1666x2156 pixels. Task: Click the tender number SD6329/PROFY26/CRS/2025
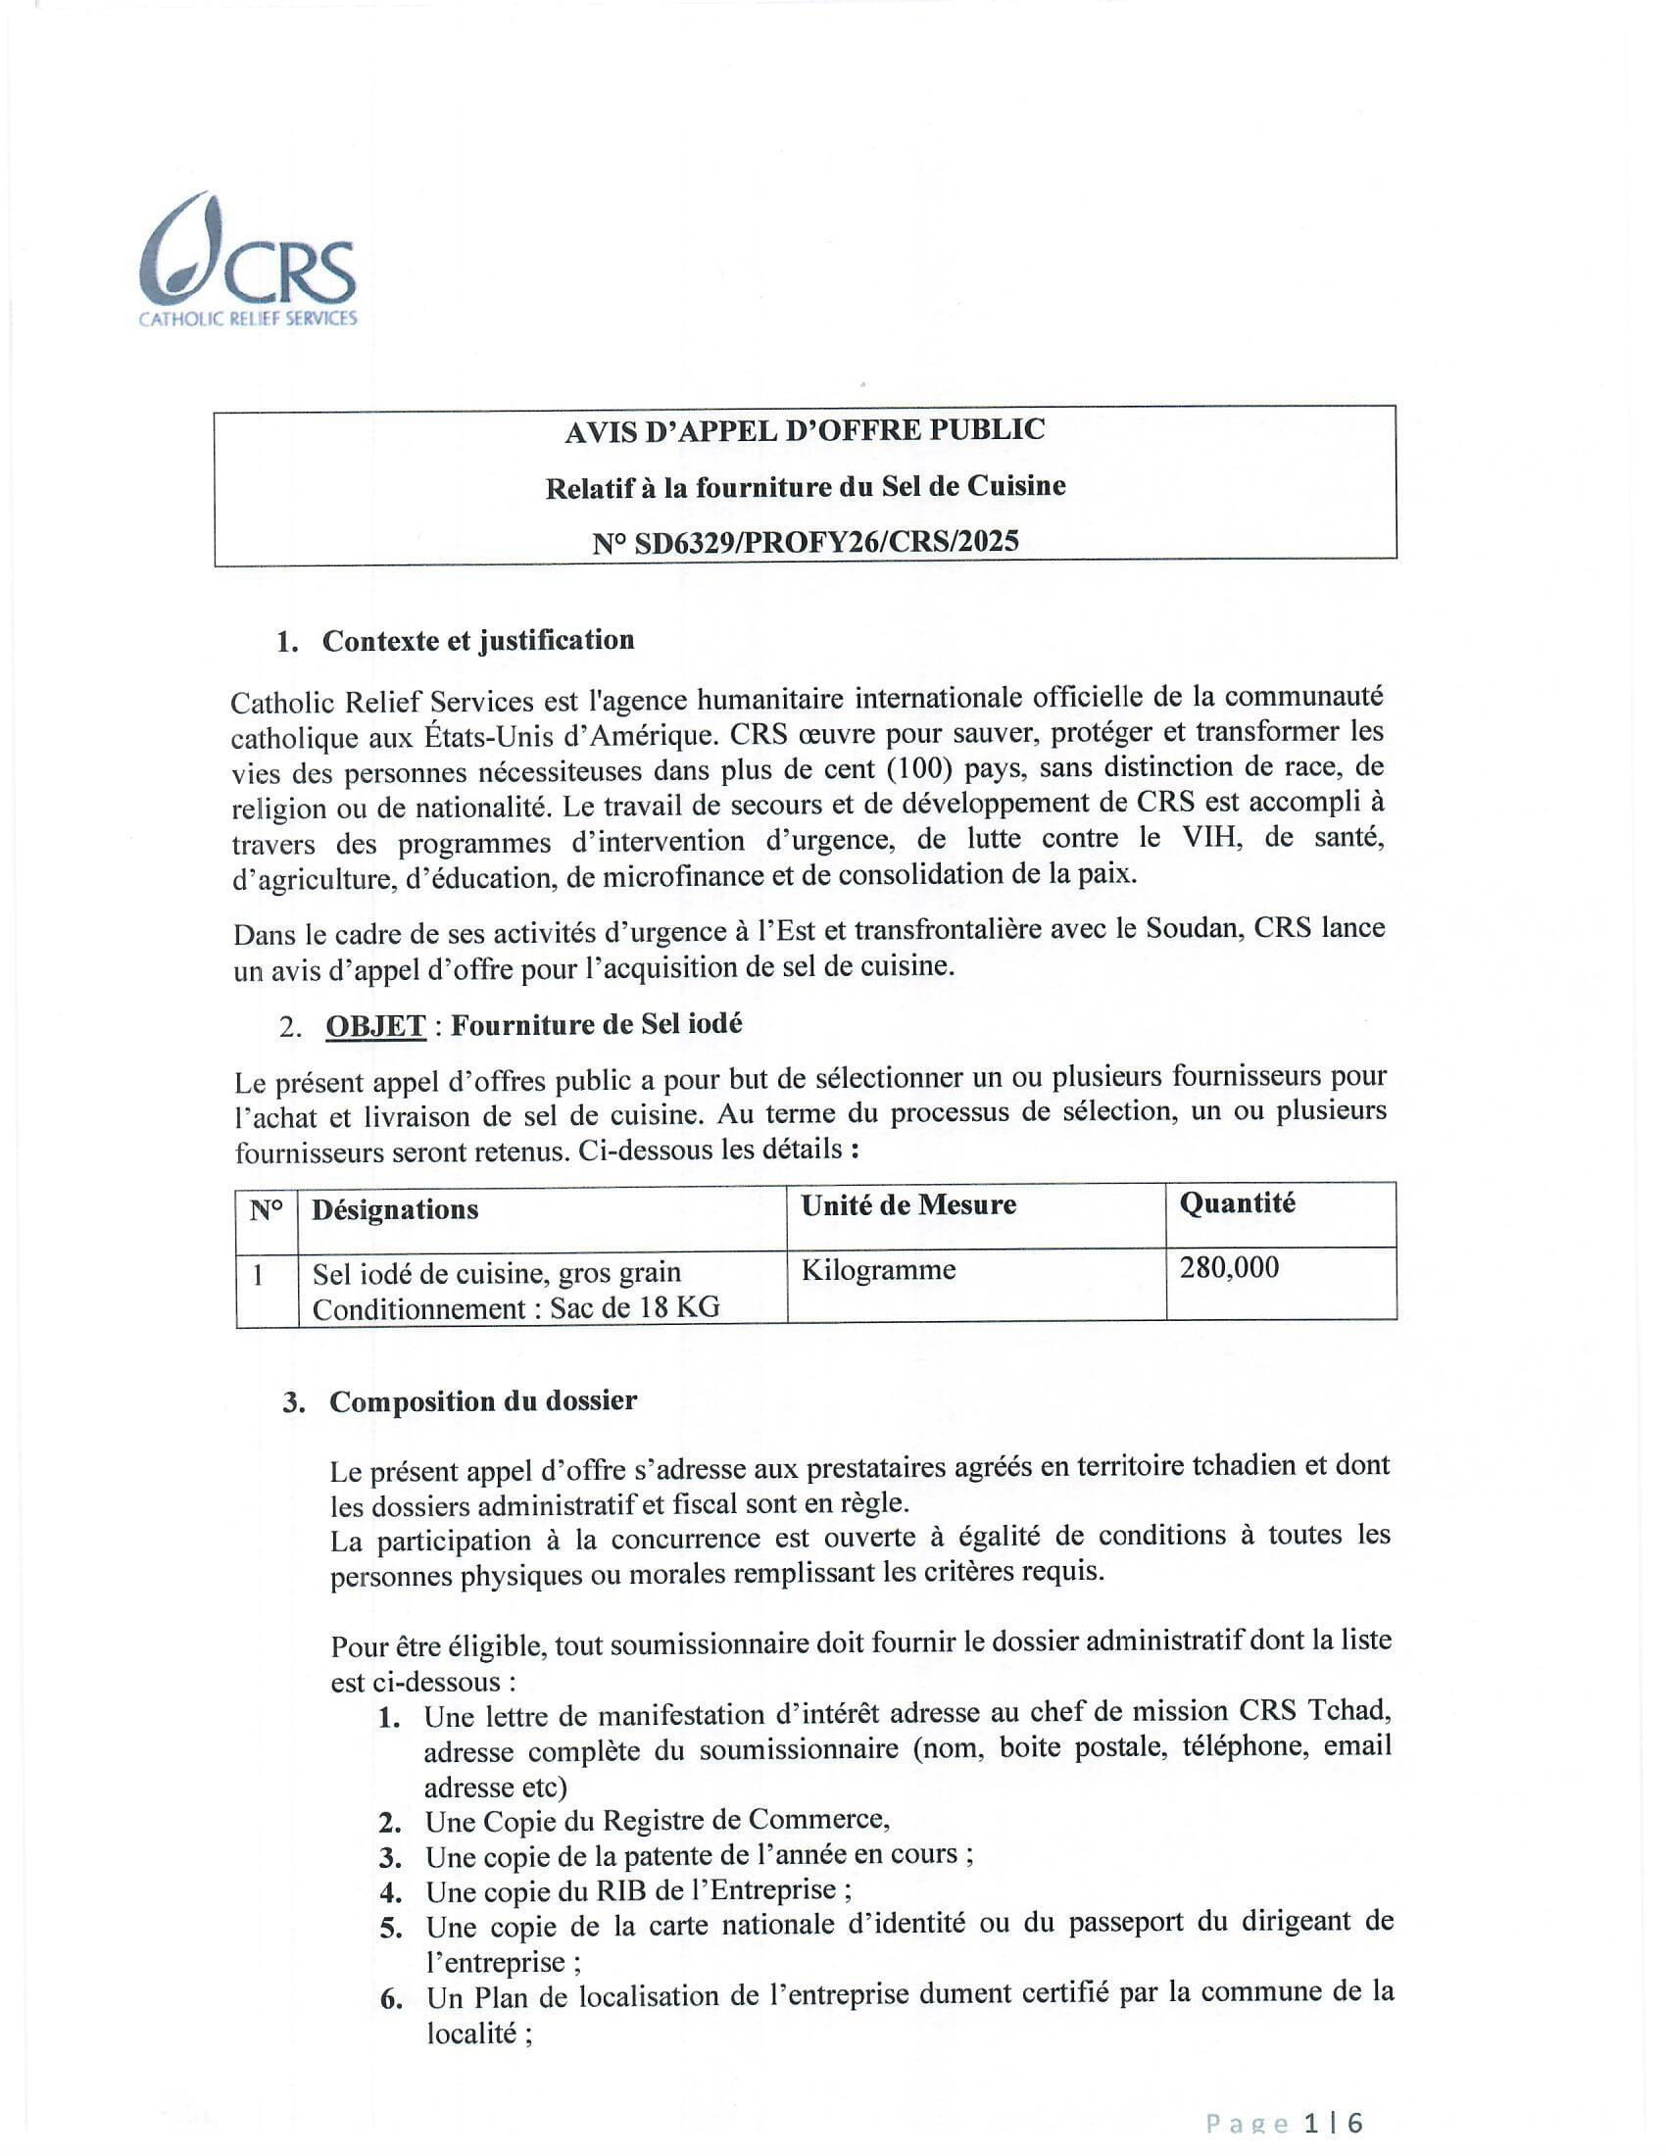806,542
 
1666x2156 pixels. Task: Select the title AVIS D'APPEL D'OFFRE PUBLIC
805,430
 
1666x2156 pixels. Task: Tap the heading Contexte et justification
477,641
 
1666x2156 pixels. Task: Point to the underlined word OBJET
376,1027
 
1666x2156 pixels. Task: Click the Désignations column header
395,1209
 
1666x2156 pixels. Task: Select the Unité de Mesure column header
908,1205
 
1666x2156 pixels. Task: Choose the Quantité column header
1237,1203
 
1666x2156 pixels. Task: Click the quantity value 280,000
1229,1267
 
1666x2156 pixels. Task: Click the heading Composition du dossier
482,1401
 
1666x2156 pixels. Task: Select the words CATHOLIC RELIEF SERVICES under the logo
248,318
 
